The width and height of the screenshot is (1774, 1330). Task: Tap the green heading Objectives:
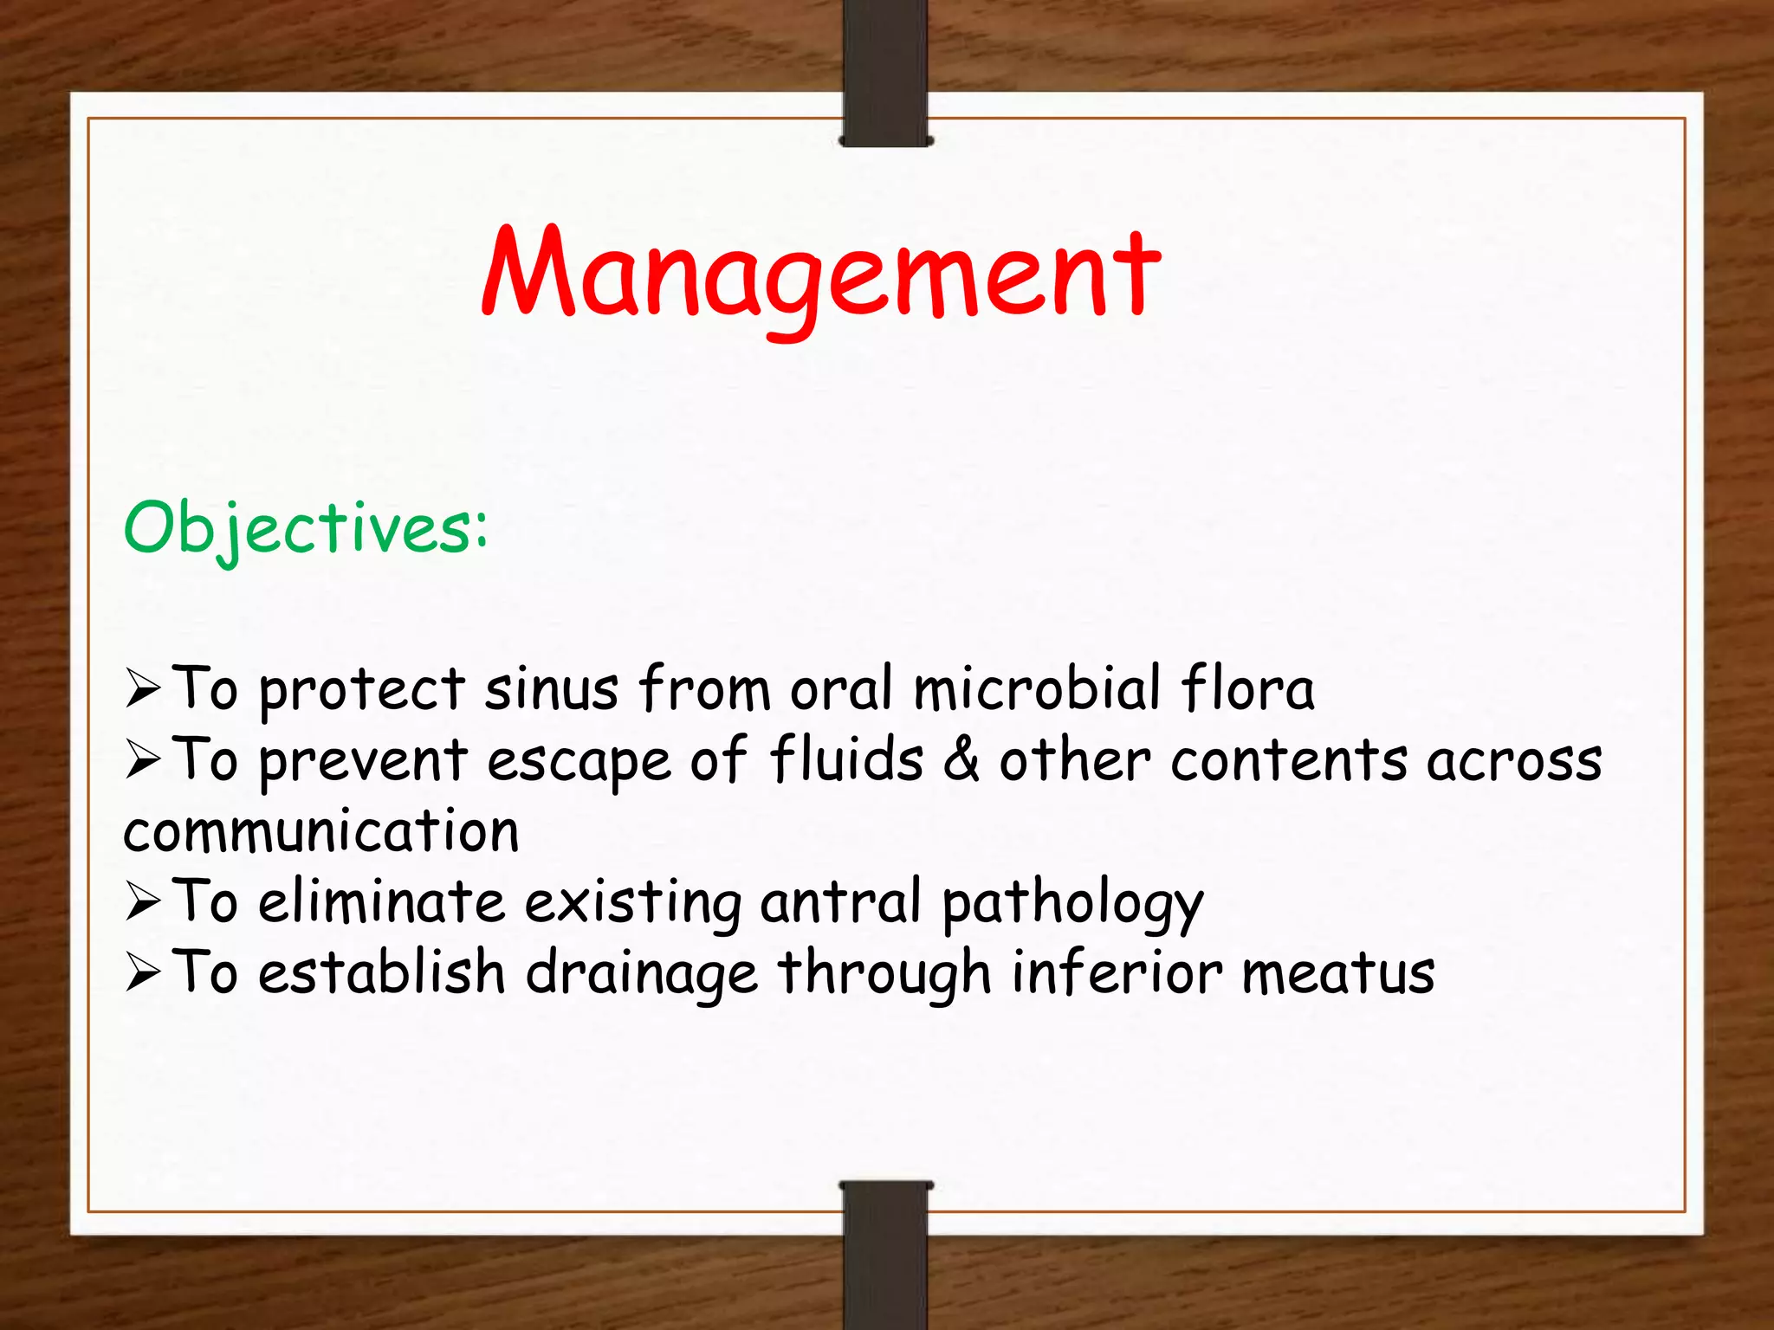coord(306,527)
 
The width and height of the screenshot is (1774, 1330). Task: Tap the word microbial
coord(1037,688)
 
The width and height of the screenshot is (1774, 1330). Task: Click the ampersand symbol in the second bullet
coord(961,759)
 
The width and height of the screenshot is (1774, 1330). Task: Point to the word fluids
coord(846,759)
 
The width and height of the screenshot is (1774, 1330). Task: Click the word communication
coord(321,830)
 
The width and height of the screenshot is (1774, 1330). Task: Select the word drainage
coord(642,974)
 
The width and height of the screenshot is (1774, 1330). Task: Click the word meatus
coord(1337,973)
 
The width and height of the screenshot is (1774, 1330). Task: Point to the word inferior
coord(1117,972)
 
